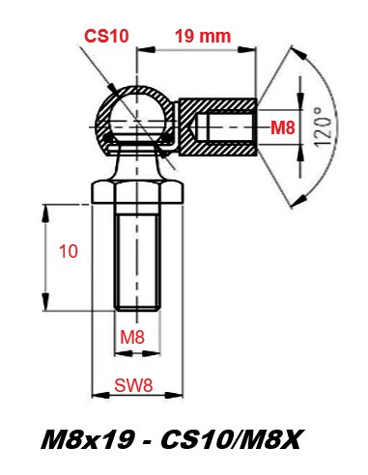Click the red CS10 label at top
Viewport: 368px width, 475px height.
[x=106, y=36]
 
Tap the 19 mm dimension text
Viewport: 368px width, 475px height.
[x=203, y=36]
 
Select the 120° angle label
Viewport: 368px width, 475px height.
[x=323, y=126]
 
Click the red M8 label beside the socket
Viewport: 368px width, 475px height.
[x=283, y=127]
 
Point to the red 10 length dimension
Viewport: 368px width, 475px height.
[x=69, y=251]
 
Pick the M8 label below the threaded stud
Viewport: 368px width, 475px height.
[x=132, y=337]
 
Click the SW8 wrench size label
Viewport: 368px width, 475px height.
[x=133, y=385]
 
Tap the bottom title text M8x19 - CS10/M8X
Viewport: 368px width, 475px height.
[x=171, y=439]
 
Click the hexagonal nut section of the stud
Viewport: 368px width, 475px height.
[x=137, y=192]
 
